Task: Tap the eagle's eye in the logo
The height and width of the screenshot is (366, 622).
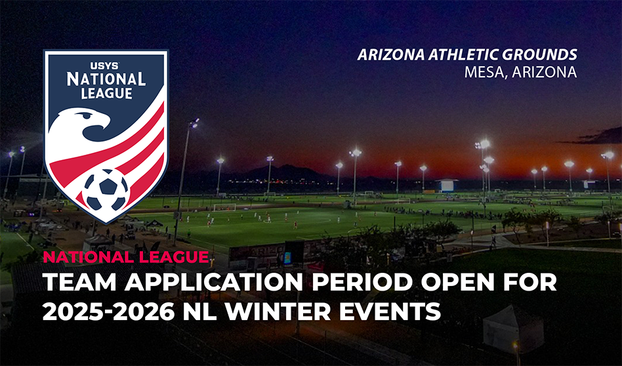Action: point(85,115)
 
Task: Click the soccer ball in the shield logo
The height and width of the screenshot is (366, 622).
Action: point(106,190)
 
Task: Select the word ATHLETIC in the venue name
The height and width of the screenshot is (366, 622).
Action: point(458,54)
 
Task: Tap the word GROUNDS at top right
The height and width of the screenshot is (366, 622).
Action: point(535,54)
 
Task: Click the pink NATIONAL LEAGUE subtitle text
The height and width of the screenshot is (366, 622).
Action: point(126,257)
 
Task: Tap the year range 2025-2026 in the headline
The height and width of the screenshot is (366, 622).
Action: point(108,312)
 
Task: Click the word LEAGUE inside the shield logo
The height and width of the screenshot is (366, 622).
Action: point(106,93)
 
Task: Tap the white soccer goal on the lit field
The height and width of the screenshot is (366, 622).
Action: point(224,207)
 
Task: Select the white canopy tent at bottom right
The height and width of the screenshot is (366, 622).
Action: point(513,329)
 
